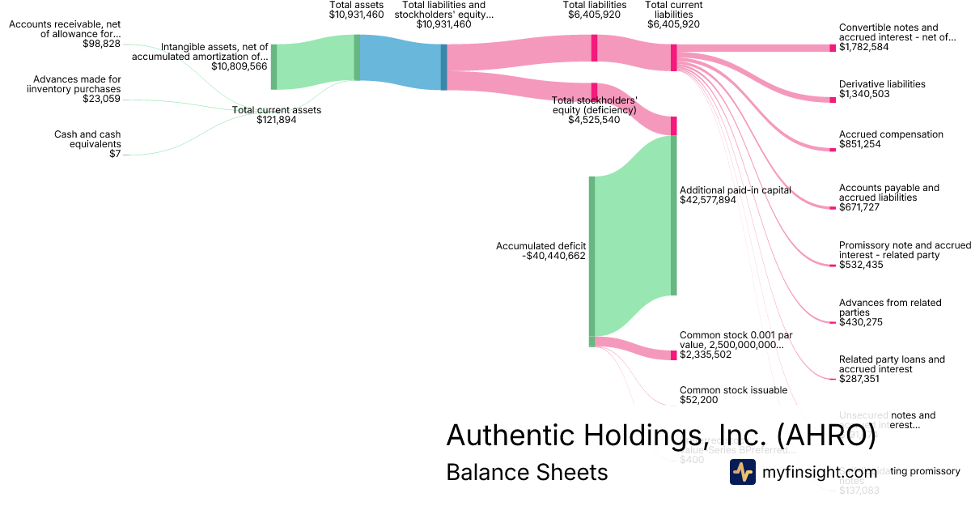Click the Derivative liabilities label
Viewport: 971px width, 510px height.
click(x=882, y=84)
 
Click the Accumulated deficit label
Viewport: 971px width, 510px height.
click(x=541, y=245)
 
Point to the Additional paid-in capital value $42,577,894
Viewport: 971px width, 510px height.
click(x=708, y=199)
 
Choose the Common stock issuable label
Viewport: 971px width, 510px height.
click(x=733, y=390)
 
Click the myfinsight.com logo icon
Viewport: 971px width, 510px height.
click(x=742, y=472)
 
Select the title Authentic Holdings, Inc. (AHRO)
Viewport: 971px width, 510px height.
click(x=660, y=436)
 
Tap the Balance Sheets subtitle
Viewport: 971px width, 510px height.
click(x=527, y=472)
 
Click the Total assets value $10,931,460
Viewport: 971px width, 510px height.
click(x=356, y=15)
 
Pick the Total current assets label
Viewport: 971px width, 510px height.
click(x=277, y=110)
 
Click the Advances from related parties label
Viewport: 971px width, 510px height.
click(x=890, y=308)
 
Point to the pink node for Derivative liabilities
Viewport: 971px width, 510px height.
click(x=833, y=100)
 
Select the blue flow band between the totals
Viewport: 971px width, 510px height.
click(x=401, y=61)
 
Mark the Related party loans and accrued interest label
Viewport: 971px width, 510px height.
click(x=892, y=364)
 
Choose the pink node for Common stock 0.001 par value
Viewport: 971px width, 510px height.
click(x=673, y=355)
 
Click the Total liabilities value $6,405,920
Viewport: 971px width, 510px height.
click(x=594, y=15)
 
